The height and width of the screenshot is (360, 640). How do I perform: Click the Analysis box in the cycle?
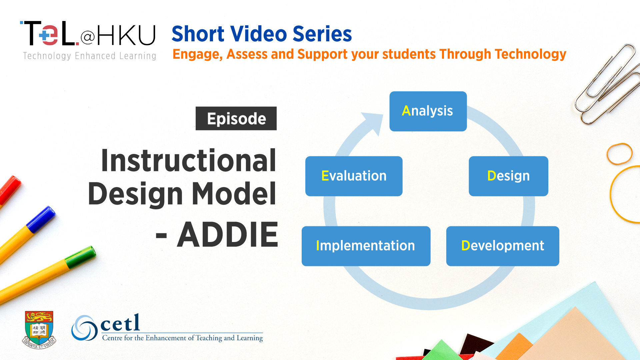(428, 111)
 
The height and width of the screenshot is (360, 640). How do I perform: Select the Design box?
(508, 176)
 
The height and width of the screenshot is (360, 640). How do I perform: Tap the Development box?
(503, 246)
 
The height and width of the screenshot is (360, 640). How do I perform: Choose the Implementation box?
(366, 246)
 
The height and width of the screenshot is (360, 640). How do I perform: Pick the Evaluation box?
(354, 176)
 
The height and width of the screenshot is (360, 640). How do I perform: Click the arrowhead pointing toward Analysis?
(375, 123)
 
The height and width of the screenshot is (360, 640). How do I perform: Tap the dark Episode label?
(236, 118)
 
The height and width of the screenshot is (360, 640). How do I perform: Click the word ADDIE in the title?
(228, 235)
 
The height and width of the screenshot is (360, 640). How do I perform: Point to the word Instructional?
(189, 161)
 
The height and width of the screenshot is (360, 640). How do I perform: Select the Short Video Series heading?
(262, 34)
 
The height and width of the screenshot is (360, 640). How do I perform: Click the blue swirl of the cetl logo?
(85, 328)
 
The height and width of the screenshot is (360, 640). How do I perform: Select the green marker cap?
(80, 257)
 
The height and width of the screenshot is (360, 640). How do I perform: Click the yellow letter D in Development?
(466, 246)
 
